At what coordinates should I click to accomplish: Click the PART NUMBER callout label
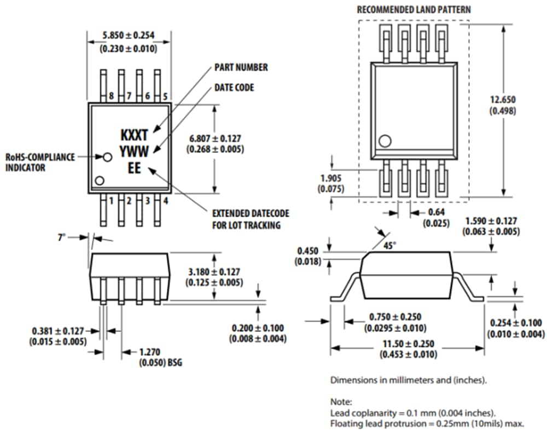[x=241, y=67]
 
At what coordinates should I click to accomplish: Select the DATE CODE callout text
[x=234, y=88]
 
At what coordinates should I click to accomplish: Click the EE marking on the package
[x=134, y=169]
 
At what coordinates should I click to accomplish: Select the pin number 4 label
[x=165, y=201]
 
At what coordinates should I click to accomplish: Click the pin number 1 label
[x=111, y=201]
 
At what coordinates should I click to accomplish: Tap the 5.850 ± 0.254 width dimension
[x=129, y=36]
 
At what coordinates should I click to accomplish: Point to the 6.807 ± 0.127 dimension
[x=215, y=138]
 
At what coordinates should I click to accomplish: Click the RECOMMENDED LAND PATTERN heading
[x=414, y=10]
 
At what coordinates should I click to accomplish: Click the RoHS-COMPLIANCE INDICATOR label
[x=40, y=162]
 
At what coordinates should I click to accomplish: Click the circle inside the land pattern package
[x=386, y=141]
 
